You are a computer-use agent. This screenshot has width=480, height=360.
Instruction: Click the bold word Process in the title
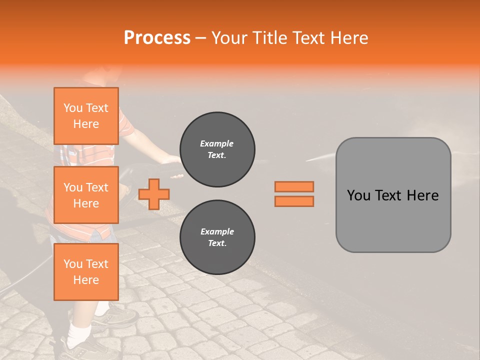(157, 38)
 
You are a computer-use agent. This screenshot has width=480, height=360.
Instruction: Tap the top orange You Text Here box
(86, 116)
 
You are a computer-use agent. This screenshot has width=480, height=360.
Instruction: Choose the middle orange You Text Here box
(86, 195)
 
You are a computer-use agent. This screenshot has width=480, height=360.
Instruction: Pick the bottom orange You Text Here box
(86, 271)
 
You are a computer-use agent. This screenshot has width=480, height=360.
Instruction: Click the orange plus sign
(154, 194)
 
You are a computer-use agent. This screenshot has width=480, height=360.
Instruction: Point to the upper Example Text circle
(217, 149)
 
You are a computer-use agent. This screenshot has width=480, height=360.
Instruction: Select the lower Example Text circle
(217, 237)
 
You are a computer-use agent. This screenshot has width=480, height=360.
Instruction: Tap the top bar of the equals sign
(294, 186)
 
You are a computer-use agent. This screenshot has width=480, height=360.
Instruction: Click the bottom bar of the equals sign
(294, 201)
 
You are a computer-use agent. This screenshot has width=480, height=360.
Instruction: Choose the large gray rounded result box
(393, 195)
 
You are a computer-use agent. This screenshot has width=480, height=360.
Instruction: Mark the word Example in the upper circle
(217, 143)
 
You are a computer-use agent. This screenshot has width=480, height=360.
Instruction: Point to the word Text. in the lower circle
(217, 243)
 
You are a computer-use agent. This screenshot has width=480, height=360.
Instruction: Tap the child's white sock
(79, 332)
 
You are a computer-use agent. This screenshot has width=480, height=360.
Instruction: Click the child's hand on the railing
(171, 160)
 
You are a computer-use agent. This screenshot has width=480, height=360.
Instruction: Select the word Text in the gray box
(390, 195)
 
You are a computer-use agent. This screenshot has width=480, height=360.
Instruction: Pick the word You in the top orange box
(73, 108)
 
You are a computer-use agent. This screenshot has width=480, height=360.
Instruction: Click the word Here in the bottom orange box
(86, 280)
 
